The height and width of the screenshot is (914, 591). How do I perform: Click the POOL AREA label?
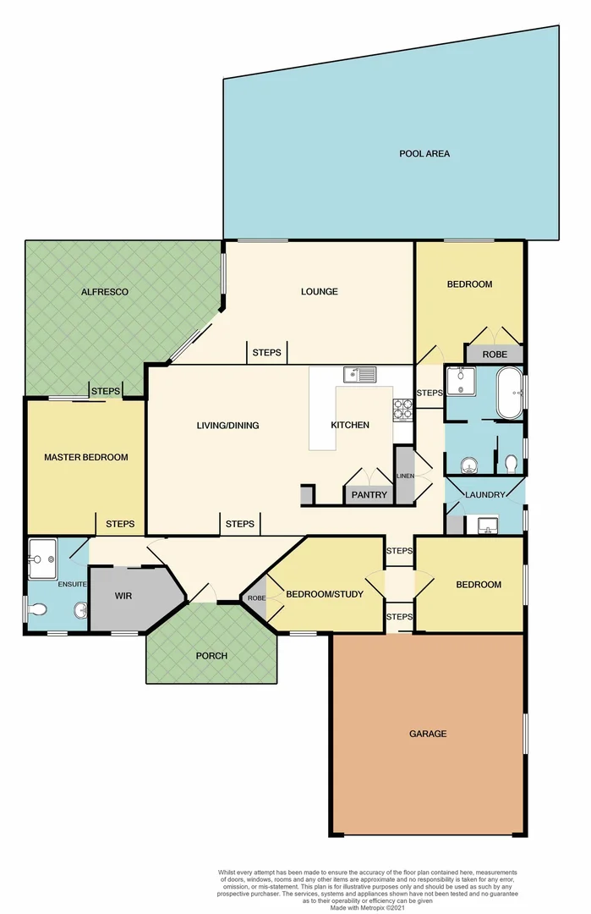424,154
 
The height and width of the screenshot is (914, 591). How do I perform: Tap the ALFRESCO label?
105,292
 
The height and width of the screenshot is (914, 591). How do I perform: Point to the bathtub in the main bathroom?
509,393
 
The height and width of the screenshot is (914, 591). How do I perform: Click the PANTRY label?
369,495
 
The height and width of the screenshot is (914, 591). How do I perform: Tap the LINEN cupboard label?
405,476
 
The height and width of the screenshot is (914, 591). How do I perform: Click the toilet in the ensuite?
38,608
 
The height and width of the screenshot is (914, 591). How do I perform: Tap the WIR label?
124,596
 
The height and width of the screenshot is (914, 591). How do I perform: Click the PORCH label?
211,656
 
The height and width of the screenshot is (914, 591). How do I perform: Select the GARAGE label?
428,734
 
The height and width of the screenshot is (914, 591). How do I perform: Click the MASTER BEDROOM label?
86,457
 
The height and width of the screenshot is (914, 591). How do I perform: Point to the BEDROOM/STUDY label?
325,594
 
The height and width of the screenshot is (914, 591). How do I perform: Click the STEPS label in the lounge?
267,352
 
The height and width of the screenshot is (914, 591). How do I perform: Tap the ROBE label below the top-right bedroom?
495,355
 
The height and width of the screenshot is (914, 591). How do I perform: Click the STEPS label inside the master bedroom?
120,524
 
